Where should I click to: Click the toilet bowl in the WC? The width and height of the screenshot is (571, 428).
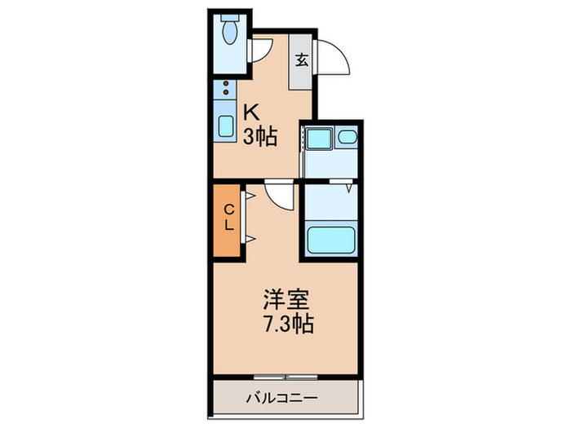tap(228, 33)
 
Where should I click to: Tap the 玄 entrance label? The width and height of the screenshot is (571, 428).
tap(301, 60)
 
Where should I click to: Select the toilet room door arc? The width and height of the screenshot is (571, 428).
tap(259, 47)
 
